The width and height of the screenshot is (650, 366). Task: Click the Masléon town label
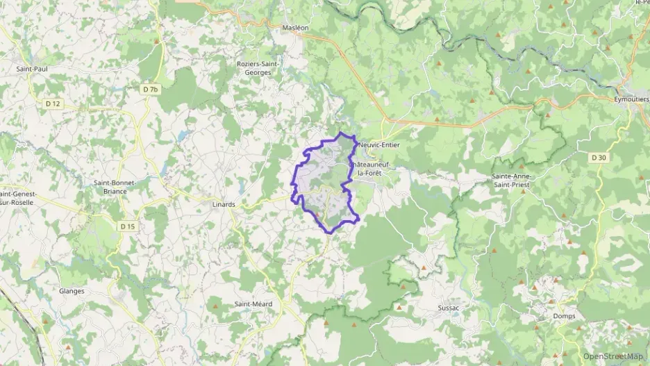point(295,28)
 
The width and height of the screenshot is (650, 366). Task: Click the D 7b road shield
point(151,90)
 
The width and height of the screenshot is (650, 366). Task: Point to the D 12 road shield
point(52,103)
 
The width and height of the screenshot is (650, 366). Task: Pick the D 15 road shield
point(127,226)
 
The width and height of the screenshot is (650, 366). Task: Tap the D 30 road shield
point(599,158)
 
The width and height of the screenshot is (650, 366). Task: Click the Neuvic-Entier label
point(380,145)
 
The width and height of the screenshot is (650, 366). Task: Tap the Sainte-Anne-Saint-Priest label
point(515,181)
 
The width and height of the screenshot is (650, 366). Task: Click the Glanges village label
point(72,291)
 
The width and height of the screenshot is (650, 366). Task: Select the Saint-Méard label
point(253,304)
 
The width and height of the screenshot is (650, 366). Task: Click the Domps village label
point(564,316)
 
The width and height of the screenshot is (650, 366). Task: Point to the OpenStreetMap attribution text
point(613,356)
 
